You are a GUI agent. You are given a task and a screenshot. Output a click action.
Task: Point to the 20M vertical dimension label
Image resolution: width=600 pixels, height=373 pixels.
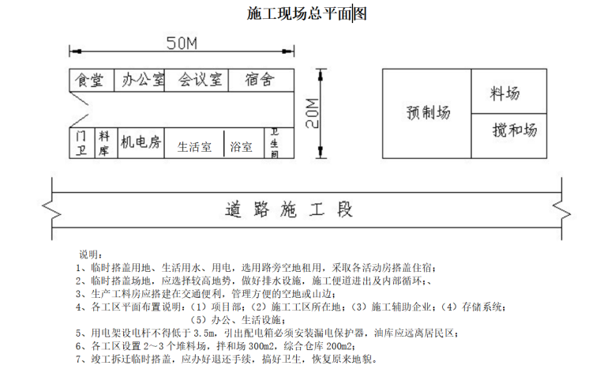point(312,113)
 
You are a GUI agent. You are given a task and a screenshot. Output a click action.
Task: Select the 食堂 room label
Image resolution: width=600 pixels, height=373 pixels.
point(88,81)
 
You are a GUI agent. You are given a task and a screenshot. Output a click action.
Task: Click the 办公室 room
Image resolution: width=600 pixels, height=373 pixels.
point(142,81)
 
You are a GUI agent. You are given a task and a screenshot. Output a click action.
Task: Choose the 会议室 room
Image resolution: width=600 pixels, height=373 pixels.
point(199,81)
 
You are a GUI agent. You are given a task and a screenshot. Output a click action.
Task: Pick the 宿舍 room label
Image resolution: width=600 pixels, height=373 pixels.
point(259,81)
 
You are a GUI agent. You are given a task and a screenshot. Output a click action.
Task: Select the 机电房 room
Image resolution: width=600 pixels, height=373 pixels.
point(140,142)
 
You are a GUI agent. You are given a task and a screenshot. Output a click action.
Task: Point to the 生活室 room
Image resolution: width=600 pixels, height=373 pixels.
point(194,146)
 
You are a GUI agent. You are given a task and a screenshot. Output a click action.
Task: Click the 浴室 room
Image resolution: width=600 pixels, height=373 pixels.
point(242,146)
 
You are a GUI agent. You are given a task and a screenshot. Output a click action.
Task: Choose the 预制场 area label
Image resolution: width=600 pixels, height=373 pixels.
point(427,113)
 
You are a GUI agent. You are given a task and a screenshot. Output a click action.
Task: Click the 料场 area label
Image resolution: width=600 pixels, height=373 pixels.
point(505,94)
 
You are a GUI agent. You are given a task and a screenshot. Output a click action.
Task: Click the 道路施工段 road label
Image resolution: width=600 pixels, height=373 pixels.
point(288,210)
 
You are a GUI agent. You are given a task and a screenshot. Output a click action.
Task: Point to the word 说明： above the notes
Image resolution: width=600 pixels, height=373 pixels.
point(89,254)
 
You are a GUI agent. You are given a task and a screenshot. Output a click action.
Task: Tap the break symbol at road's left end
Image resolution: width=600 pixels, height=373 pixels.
point(51,211)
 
